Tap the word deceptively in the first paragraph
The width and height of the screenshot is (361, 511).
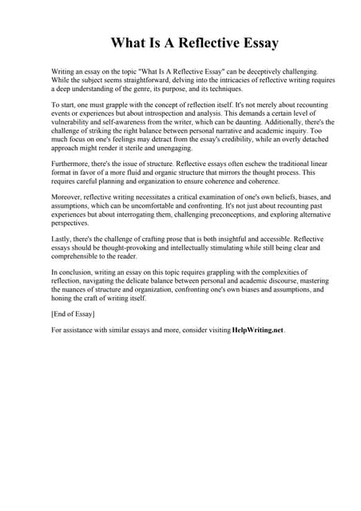tap(240, 72)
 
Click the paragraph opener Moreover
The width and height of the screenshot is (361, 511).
tap(67, 197)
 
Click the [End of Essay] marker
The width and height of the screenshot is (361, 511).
tap(72, 315)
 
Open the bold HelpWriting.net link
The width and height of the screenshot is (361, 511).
tap(257, 331)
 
